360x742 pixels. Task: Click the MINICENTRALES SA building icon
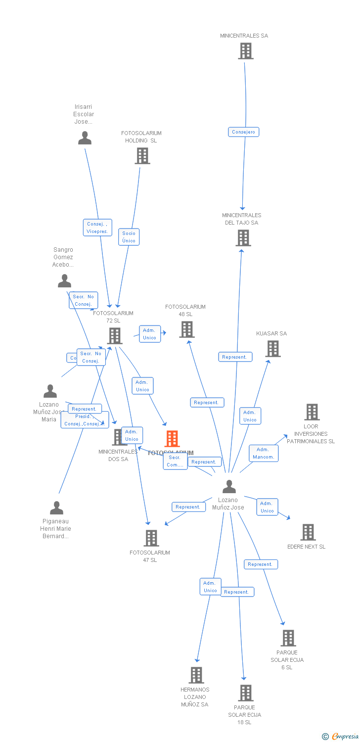click(x=246, y=51)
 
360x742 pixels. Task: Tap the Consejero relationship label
click(x=244, y=132)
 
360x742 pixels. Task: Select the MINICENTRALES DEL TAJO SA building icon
click(x=243, y=238)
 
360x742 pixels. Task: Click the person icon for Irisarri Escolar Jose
click(x=85, y=138)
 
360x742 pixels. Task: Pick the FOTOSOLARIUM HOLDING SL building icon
click(x=142, y=156)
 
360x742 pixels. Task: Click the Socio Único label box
click(x=129, y=237)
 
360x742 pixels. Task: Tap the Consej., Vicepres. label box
click(x=97, y=228)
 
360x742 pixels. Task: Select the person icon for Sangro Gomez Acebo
click(x=64, y=281)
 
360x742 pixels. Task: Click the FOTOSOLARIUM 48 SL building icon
click(x=186, y=329)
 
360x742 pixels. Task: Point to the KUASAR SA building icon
click(x=272, y=349)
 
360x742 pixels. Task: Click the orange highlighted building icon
click(x=172, y=438)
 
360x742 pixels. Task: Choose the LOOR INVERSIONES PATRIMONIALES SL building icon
click(x=312, y=412)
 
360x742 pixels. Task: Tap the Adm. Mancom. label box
click(x=263, y=453)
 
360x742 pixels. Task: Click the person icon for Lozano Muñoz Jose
click(x=229, y=487)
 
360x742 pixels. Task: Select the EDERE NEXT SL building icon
click(x=308, y=532)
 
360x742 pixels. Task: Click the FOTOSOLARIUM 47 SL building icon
click(x=151, y=538)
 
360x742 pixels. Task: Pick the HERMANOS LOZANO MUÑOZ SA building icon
click(x=196, y=675)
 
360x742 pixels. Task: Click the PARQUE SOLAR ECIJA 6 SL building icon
click(x=288, y=638)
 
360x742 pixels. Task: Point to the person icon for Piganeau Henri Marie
click(x=56, y=508)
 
